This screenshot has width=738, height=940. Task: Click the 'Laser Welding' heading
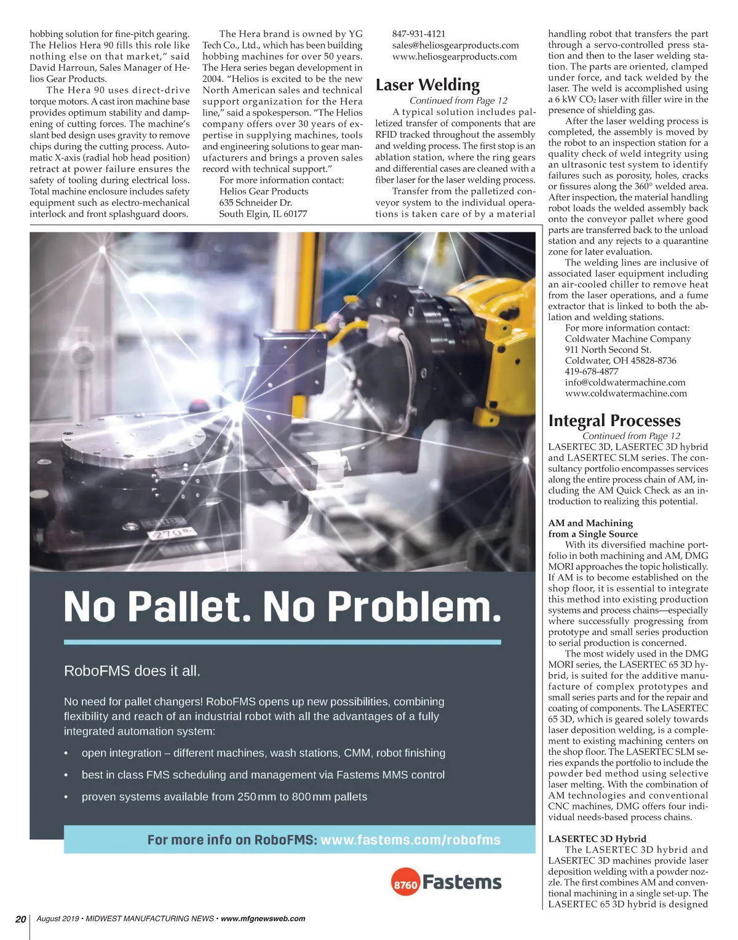pos(427,85)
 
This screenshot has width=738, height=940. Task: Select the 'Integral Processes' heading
pos(614,421)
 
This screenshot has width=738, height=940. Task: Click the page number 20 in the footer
pos(21,919)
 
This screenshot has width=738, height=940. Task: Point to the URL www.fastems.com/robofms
pos(410,840)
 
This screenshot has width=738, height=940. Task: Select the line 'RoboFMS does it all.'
pos(132,671)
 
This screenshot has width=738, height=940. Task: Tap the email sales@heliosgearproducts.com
pos(455,45)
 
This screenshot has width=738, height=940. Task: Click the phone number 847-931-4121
pos(419,34)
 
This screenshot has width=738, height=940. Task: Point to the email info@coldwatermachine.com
pos(625,382)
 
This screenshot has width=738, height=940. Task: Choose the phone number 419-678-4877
pos(592,371)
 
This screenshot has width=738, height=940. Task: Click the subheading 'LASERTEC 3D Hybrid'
pos(597,839)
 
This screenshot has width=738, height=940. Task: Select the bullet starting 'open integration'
pos(263,753)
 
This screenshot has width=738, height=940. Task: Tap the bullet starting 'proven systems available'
pos(224,797)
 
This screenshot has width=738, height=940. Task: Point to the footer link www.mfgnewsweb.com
pos(263,918)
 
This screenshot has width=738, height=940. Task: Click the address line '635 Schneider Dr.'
pos(255,202)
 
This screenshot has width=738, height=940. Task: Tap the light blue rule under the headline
pos(282,642)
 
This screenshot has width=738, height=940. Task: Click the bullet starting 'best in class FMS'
pos(263,775)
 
